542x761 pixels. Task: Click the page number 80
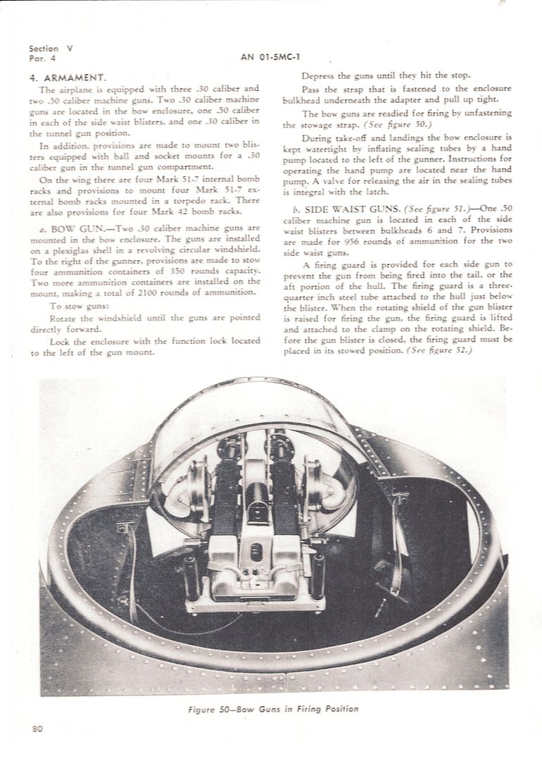pos(38,729)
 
